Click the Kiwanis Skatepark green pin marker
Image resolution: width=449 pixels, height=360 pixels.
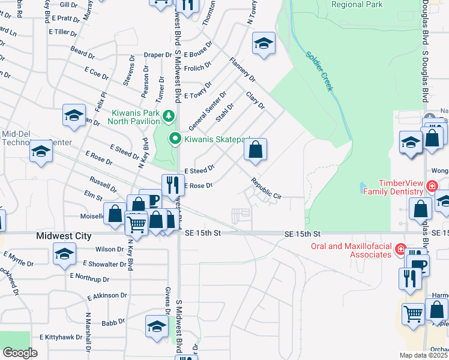175,139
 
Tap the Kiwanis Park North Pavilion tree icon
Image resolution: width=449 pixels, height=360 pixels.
170,115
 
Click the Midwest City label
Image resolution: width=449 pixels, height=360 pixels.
64,236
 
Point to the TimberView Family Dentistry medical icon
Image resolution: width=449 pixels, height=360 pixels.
431,187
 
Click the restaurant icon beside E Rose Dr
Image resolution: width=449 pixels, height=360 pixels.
172,184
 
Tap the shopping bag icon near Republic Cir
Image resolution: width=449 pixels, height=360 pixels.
255,150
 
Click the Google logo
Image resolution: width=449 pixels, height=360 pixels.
19,353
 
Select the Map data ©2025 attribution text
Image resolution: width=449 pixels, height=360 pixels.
423,355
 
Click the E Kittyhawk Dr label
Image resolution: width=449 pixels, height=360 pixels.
61,337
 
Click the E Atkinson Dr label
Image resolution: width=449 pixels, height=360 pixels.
107,296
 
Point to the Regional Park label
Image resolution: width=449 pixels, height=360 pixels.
357,4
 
